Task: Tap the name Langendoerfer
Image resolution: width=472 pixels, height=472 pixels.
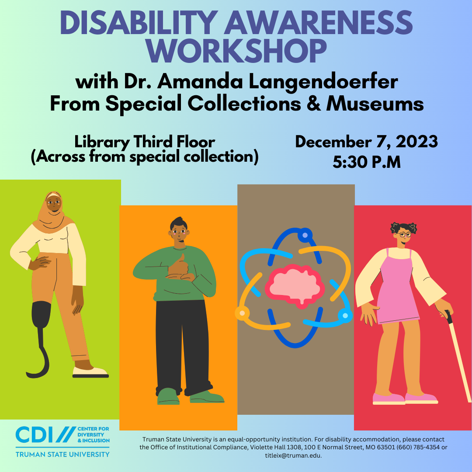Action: (323, 82)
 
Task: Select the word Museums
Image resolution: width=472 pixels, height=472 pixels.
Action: (375, 104)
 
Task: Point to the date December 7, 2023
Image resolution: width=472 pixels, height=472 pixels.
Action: (366, 142)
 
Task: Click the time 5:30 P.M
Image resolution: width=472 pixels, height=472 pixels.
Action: (367, 162)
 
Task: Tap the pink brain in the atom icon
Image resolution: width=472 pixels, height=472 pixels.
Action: (295, 286)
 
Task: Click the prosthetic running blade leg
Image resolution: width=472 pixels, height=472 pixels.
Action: (40, 339)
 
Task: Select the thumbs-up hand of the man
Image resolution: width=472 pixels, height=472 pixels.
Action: (180, 267)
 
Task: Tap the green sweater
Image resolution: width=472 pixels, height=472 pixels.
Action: (174, 274)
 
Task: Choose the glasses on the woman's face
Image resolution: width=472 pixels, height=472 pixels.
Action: (404, 234)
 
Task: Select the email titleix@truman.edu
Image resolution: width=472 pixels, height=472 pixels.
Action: (293, 455)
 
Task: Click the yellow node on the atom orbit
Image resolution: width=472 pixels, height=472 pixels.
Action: (242, 313)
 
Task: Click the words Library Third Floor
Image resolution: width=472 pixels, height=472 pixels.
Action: (145, 142)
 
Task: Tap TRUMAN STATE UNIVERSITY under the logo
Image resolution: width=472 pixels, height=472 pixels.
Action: (62, 454)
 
